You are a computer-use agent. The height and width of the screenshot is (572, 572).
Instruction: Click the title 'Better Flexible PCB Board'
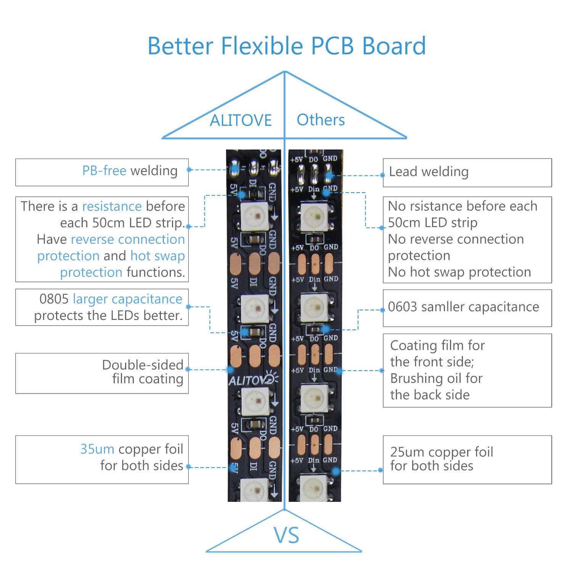(x=286, y=46)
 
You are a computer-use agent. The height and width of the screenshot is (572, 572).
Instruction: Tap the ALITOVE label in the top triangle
(x=241, y=121)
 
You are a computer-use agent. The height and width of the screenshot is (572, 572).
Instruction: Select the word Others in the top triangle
(x=321, y=120)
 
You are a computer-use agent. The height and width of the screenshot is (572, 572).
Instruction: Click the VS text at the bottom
(x=286, y=535)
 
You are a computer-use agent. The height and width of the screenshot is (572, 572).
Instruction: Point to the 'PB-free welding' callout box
(x=102, y=172)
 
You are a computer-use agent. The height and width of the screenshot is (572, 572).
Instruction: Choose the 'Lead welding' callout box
(x=467, y=172)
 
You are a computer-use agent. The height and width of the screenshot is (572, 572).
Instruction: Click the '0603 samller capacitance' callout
(x=463, y=307)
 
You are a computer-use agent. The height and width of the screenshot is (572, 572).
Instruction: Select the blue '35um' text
(x=97, y=449)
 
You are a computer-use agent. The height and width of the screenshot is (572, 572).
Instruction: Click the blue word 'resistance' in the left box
(x=112, y=206)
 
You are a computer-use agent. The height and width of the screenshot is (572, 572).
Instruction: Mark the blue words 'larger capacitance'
(x=127, y=299)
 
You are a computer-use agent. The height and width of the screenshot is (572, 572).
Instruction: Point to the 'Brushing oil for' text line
(x=436, y=378)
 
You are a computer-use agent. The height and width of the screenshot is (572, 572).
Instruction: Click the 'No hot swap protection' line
(x=459, y=272)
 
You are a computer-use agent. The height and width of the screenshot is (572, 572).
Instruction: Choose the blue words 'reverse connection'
(x=128, y=239)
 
